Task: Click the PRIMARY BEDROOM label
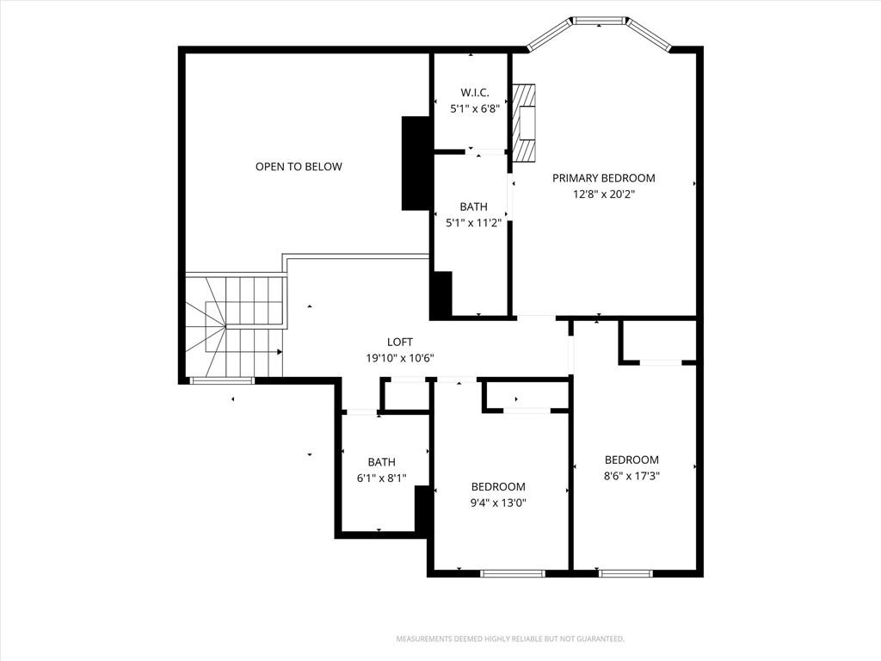click(603, 178)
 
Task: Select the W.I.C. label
click(474, 92)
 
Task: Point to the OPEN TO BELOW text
click(299, 166)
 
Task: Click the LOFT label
click(400, 343)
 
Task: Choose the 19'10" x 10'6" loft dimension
click(400, 358)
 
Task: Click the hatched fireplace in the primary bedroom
click(523, 122)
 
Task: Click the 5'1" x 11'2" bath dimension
click(473, 223)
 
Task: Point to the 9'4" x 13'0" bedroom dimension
click(498, 503)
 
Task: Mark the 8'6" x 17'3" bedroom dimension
click(631, 475)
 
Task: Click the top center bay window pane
click(599, 21)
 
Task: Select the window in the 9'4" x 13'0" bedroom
click(512, 572)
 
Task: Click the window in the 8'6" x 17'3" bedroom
click(625, 572)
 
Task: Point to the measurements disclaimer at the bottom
click(510, 639)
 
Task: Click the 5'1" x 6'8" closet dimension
click(474, 109)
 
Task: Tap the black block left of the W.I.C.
click(416, 163)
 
